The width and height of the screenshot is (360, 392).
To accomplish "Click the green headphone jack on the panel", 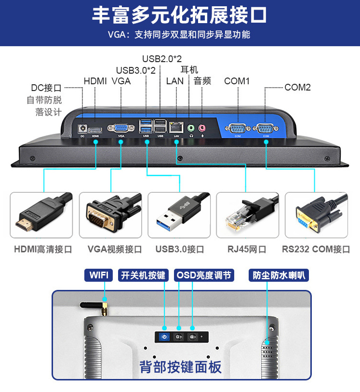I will [191, 128].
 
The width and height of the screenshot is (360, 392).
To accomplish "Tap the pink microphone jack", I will [202, 128].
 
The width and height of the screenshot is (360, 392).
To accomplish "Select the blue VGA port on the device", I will [121, 128].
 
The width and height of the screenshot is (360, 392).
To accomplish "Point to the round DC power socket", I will [82, 129].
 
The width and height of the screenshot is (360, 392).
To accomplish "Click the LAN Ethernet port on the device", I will [176, 128].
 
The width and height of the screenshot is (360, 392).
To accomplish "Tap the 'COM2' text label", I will [297, 87].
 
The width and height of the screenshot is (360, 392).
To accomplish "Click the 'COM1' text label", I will [237, 81].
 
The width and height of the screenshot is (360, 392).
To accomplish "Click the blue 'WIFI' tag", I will [99, 275].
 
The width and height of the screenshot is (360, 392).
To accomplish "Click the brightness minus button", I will [192, 337].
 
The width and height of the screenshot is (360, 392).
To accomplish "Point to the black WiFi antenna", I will [93, 307].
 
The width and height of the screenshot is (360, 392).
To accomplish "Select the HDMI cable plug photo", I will [41, 215].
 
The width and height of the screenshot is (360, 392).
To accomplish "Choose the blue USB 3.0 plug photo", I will [179, 215].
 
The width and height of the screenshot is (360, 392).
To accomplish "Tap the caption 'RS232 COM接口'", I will [316, 249].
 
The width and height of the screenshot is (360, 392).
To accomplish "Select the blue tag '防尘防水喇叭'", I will [279, 275].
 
